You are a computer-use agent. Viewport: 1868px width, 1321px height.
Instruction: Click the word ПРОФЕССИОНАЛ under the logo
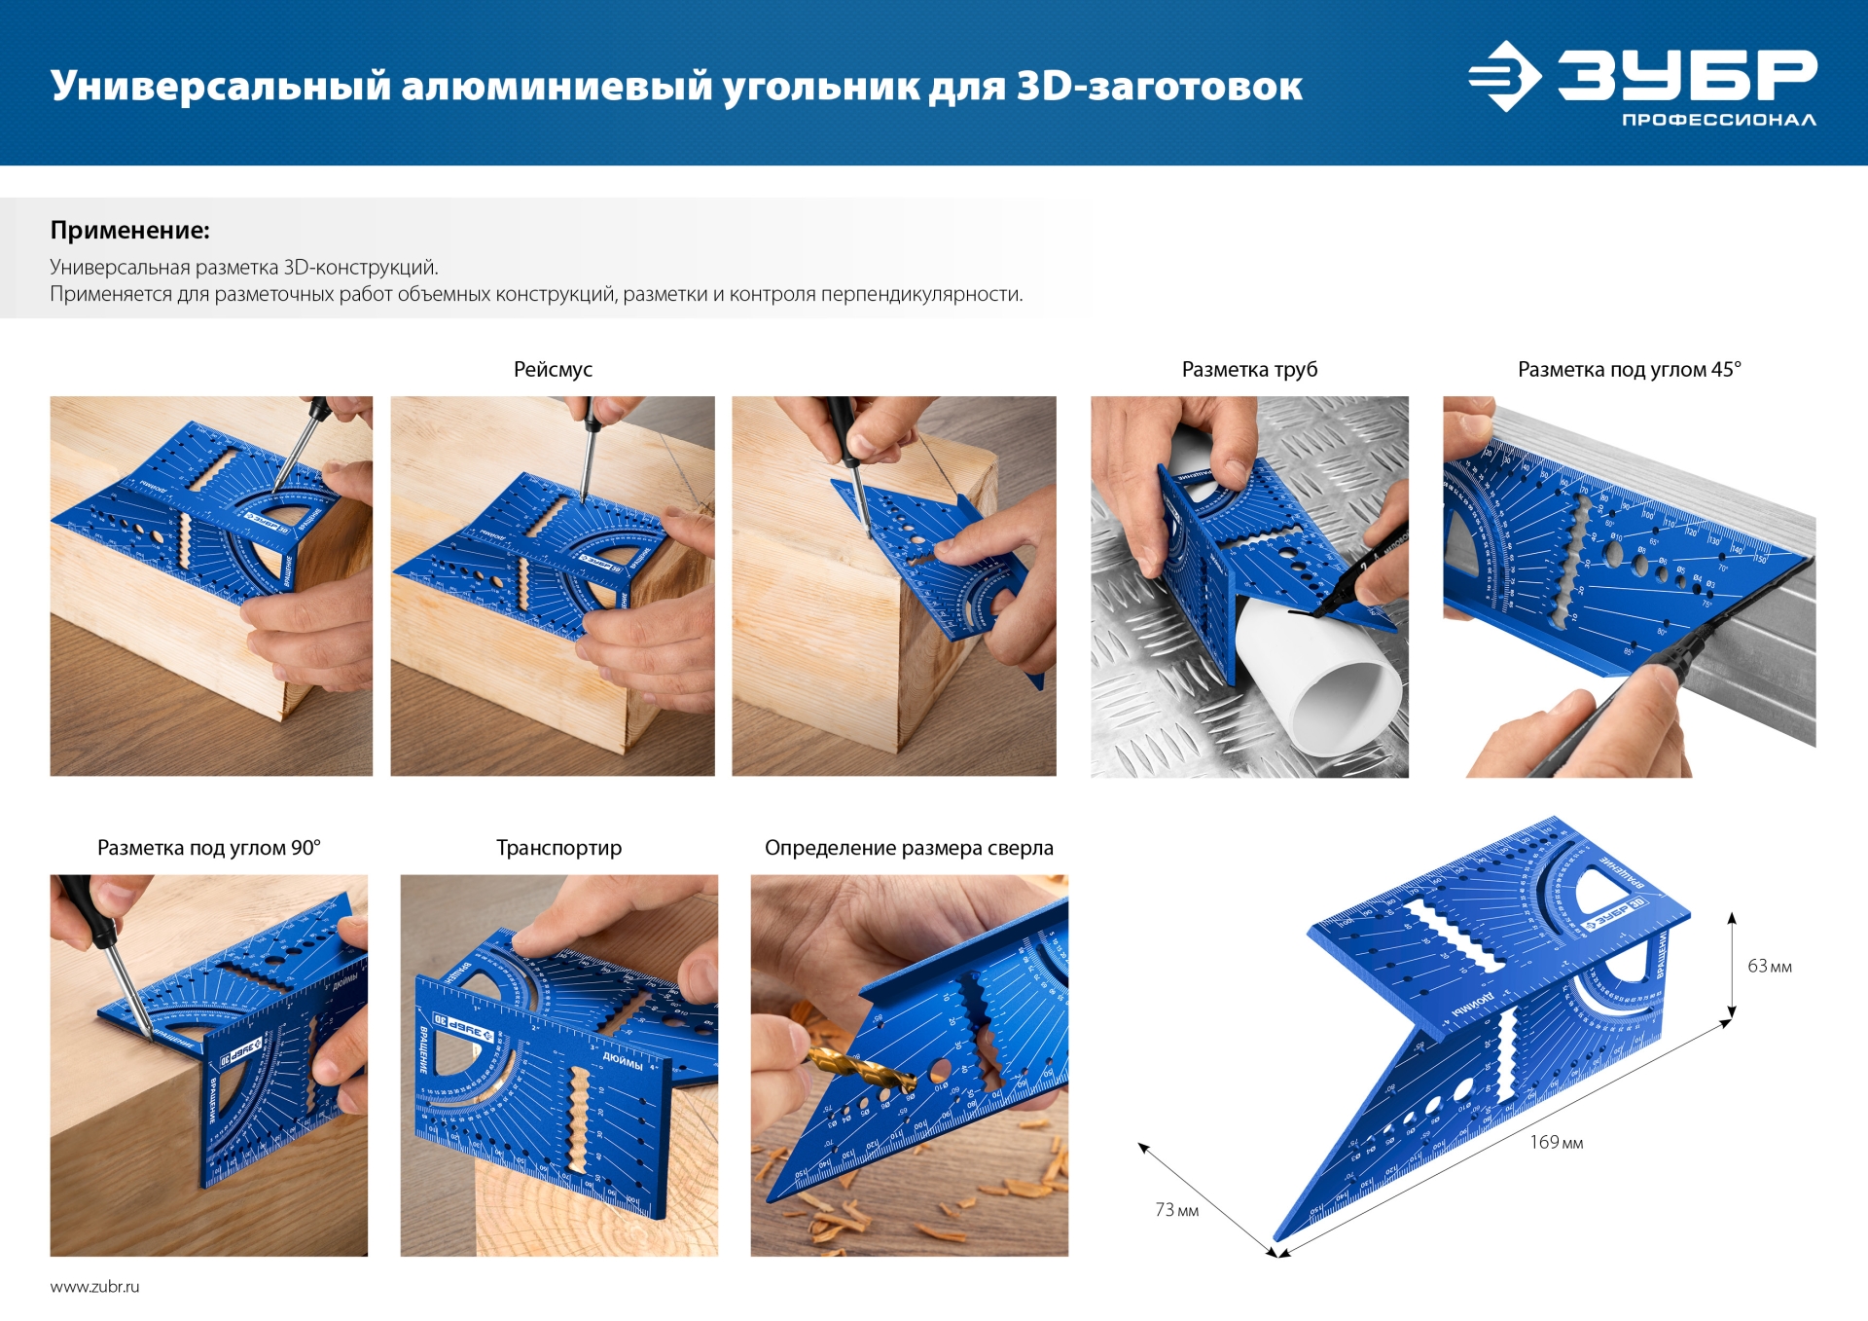click(x=1718, y=120)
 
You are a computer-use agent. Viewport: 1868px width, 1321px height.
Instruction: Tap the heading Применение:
click(x=129, y=231)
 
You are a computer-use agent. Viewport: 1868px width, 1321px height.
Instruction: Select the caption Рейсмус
click(x=553, y=370)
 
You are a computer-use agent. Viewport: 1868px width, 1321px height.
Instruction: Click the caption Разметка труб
click(x=1249, y=370)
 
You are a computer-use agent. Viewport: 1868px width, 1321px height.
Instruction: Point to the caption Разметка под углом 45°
click(x=1629, y=370)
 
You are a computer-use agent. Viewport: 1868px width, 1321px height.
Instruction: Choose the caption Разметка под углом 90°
click(x=208, y=848)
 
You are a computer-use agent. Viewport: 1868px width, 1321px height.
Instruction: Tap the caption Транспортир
click(x=558, y=848)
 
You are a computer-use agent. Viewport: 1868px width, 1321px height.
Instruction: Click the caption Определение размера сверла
click(x=909, y=848)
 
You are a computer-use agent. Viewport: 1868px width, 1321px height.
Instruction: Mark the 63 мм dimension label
click(x=1769, y=967)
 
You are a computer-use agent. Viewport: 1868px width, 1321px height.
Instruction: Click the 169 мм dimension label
click(x=1556, y=1143)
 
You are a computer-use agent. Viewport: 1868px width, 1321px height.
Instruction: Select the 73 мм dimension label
click(x=1176, y=1210)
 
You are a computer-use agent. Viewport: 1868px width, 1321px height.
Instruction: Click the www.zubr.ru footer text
click(x=94, y=1287)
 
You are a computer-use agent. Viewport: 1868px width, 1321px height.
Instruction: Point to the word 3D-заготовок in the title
click(x=1159, y=87)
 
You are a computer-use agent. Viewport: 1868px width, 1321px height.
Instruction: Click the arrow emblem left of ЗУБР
click(x=1504, y=76)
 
